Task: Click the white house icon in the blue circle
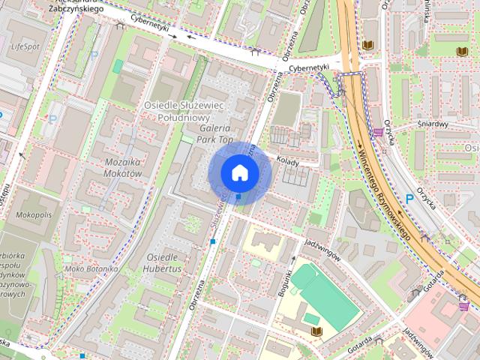[238, 172]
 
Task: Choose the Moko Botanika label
[91, 268]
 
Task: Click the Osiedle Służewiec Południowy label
[184, 111]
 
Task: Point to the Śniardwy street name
[433, 124]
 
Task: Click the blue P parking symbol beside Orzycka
[409, 199]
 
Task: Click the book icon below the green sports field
[316, 331]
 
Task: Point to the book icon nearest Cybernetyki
[367, 46]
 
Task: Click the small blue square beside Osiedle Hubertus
[214, 241]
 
